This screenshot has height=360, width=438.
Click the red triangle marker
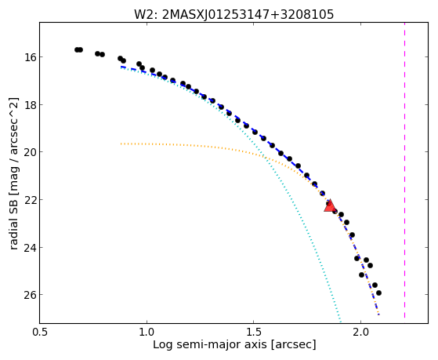[x=330, y=206]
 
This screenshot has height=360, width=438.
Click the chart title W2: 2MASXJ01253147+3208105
[x=233, y=14]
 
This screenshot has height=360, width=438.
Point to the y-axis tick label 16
[x=31, y=57]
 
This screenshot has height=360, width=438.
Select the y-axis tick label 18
[x=31, y=105]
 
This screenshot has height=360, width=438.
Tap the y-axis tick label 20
[x=31, y=152]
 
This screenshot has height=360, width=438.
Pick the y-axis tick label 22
[x=31, y=200]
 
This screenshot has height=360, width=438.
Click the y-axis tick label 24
[x=31, y=248]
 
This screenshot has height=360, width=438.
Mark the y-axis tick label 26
[x=31, y=295]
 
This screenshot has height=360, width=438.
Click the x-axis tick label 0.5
[x=40, y=332]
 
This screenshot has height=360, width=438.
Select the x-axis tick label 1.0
[x=147, y=332]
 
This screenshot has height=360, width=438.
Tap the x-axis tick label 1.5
[x=253, y=332]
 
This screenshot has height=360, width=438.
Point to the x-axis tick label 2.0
[x=360, y=332]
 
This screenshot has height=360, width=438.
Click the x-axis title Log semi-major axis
[x=209, y=345]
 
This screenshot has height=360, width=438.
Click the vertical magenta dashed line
[x=404, y=170]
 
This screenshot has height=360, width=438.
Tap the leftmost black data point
[x=77, y=49]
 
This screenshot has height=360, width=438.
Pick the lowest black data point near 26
[x=378, y=293]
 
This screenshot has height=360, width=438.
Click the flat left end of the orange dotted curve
[x=121, y=144]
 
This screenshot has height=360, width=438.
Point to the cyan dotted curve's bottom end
[x=340, y=321]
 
